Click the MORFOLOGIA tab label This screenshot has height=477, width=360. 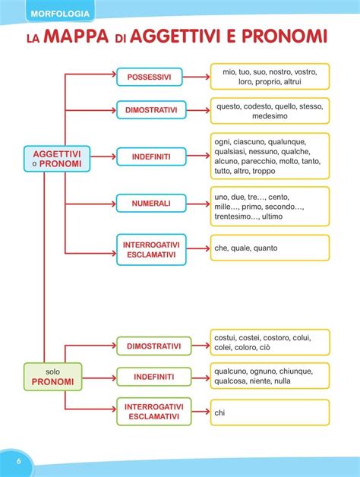pyautogui.click(x=60, y=14)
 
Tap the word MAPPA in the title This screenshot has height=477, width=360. pyautogui.click(x=76, y=36)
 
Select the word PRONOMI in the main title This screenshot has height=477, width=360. pyautogui.click(x=284, y=36)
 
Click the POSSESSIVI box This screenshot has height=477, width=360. pyautogui.click(x=150, y=77)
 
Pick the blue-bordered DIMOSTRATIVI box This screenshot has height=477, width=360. pyautogui.click(x=151, y=110)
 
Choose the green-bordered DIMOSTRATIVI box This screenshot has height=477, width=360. pyautogui.click(x=154, y=346)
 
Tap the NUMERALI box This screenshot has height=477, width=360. pyautogui.click(x=151, y=204)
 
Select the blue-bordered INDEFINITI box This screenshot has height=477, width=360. pyautogui.click(x=151, y=156)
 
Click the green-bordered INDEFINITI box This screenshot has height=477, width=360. pyautogui.click(x=154, y=377)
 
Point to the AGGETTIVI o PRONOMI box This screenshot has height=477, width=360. pyautogui.click(x=57, y=159)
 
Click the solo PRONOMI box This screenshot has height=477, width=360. pyautogui.click(x=53, y=377)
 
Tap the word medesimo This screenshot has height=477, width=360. pyautogui.click(x=270, y=116)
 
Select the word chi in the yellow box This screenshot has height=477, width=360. pyautogui.click(x=219, y=412)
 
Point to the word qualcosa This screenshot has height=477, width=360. pyautogui.click(x=229, y=381)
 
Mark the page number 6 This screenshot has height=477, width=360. pyautogui.click(x=18, y=461)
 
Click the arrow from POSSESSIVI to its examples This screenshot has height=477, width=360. pyautogui.click(x=196, y=77)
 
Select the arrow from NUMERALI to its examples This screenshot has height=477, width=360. pyautogui.click(x=198, y=204)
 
